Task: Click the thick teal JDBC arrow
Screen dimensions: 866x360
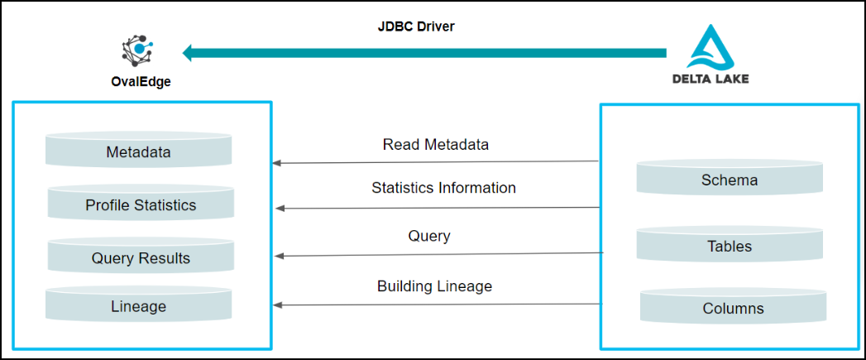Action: tap(424, 53)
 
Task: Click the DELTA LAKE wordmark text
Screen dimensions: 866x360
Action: tap(711, 79)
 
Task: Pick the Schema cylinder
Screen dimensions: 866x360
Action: tap(730, 177)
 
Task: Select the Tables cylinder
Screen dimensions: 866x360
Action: tap(730, 243)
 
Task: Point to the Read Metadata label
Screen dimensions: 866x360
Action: tap(436, 145)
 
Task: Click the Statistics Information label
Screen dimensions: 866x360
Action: tap(444, 188)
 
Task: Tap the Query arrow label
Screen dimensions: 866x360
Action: tap(429, 236)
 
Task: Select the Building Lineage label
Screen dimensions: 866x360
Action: tap(435, 286)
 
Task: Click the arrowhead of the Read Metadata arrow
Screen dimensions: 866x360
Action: tap(277, 163)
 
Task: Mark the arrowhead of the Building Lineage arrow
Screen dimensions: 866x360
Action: tap(278, 305)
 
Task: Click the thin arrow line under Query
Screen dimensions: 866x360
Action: tap(439, 254)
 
